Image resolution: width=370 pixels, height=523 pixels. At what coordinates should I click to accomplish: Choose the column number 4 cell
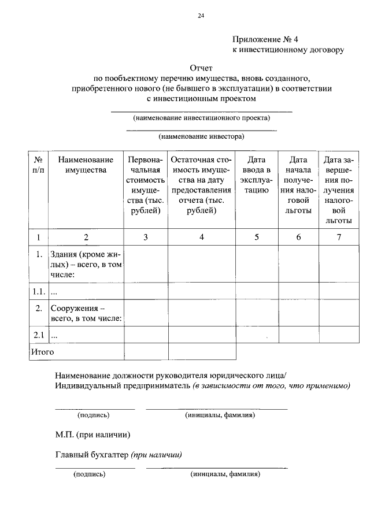pyautogui.click(x=201, y=237)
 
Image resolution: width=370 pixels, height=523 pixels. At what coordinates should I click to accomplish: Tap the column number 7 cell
pyautogui.click(x=339, y=237)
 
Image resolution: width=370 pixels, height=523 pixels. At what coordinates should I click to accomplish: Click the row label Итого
pyautogui.click(x=43, y=351)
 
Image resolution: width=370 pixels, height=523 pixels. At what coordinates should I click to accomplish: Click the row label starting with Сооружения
pyautogui.click(x=86, y=313)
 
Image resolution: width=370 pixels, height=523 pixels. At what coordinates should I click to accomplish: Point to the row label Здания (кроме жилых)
pyautogui.click(x=86, y=264)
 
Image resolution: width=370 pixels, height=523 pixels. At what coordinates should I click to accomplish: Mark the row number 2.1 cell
pyautogui.click(x=38, y=335)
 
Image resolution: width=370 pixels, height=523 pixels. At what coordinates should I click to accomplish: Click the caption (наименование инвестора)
pyautogui.click(x=201, y=137)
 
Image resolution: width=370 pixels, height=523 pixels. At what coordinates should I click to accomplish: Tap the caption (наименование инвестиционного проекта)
pyautogui.click(x=201, y=118)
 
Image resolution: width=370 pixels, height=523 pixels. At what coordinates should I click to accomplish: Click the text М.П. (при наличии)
pyautogui.click(x=92, y=435)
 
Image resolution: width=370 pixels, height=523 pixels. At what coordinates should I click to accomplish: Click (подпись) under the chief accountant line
pyautogui.click(x=89, y=474)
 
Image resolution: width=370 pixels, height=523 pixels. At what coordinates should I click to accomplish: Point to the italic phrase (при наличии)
pyautogui.click(x=157, y=455)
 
